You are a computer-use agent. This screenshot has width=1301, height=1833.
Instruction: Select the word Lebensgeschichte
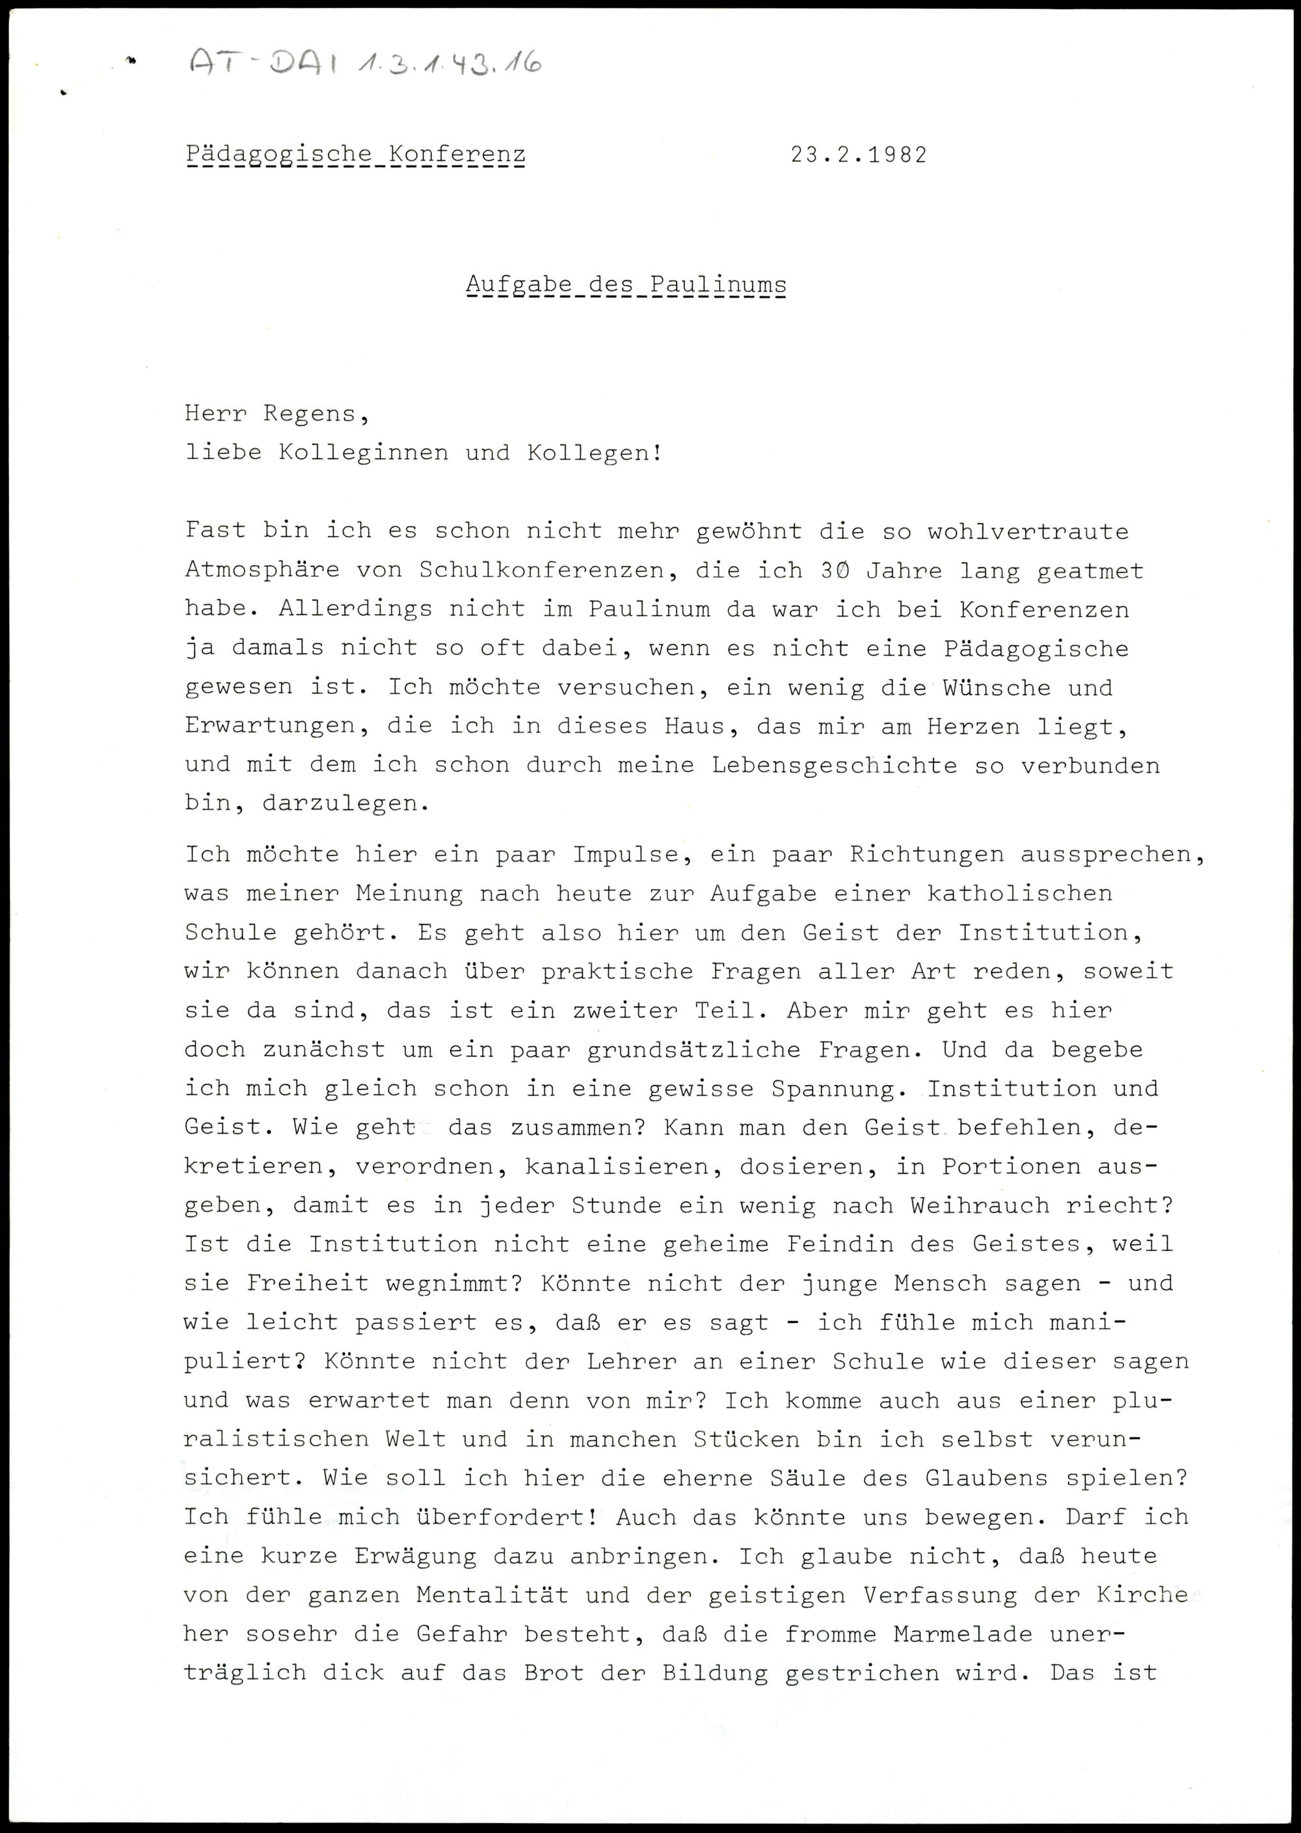pyautogui.click(x=834, y=765)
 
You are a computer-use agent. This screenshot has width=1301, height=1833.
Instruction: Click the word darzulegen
pyautogui.click(x=345, y=803)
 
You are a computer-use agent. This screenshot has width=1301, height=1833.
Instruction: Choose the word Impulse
pyautogui.click(x=626, y=854)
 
